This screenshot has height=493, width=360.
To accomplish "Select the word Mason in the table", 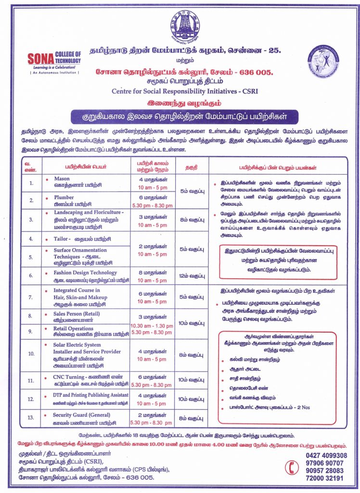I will pyautogui.click(x=62, y=179).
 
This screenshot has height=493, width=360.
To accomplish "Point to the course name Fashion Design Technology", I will pyautogui.click(x=85, y=273).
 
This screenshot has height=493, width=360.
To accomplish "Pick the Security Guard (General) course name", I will pyautogui.click(x=82, y=415).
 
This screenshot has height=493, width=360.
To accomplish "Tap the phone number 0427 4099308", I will pyautogui.click(x=325, y=455).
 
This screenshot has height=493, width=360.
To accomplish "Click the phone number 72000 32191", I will pyautogui.click(x=325, y=478).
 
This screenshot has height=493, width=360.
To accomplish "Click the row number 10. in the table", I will pyautogui.click(x=31, y=354).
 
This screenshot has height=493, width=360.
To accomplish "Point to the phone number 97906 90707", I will pyautogui.click(x=325, y=463).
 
